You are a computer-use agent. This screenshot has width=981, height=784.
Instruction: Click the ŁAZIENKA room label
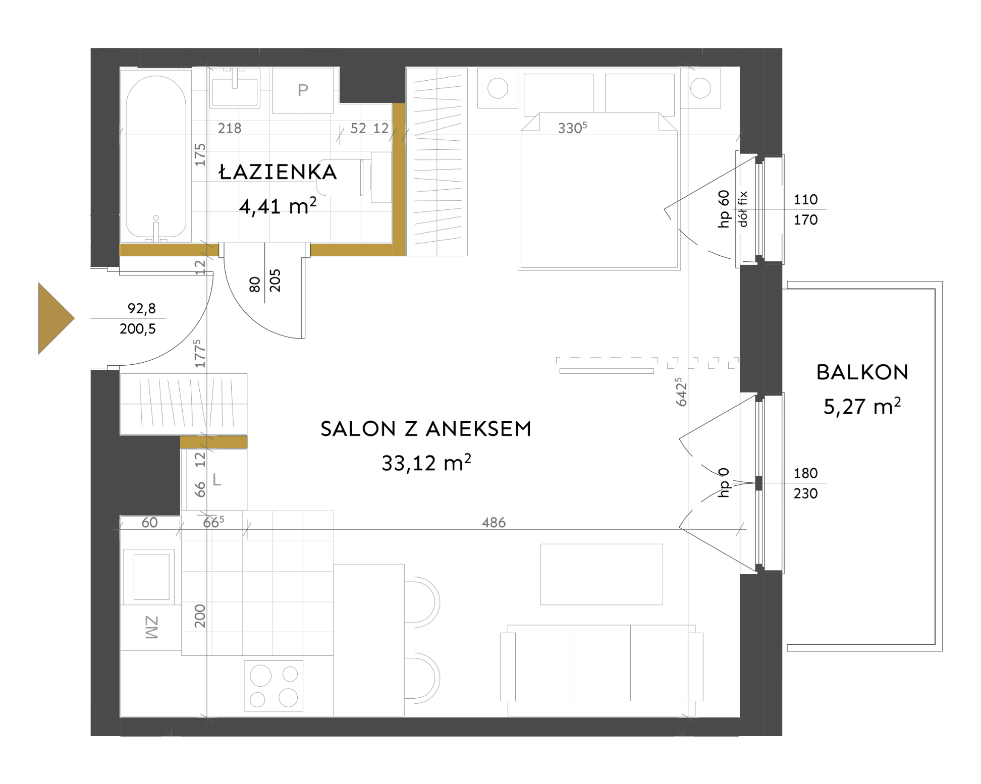(278, 172)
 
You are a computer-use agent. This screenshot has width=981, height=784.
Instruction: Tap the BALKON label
(862, 372)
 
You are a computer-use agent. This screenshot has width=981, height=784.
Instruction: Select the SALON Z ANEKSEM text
(426, 429)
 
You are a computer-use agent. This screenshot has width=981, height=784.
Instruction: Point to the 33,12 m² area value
(426, 462)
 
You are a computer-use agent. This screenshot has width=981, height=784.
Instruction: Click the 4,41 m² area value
(278, 206)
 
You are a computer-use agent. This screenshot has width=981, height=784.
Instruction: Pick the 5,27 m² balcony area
(862, 406)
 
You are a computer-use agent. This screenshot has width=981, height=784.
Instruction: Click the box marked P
(303, 90)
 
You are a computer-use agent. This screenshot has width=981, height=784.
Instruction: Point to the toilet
(361, 178)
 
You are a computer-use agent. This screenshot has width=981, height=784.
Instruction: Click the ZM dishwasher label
(152, 628)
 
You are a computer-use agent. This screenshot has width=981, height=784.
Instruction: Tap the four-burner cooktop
(274, 686)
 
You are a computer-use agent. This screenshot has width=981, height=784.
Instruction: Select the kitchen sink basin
(151, 577)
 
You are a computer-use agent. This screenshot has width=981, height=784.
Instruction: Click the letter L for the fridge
(217, 480)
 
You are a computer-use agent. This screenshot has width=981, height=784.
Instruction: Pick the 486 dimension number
(494, 523)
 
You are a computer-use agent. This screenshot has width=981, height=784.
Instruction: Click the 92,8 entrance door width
(142, 308)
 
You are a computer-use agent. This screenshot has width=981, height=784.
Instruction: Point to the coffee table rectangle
(602, 574)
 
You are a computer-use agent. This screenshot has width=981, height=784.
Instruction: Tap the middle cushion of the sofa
(602, 662)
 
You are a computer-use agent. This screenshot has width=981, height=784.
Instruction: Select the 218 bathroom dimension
(230, 128)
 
